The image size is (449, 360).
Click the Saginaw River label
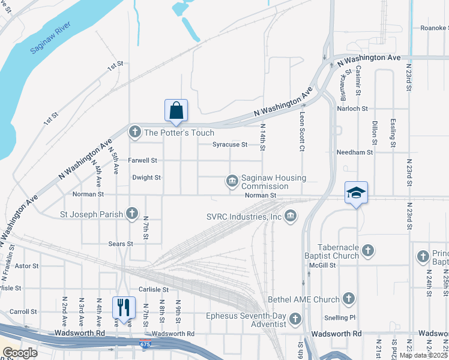(50, 39)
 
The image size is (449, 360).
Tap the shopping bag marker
(176, 111)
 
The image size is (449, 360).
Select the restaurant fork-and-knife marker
(124, 308)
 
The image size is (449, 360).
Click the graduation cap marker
(356, 193)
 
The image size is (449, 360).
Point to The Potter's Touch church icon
(134, 132)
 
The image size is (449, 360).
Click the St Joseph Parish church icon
(132, 213)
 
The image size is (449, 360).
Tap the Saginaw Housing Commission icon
(232, 181)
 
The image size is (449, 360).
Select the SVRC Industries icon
(291, 215)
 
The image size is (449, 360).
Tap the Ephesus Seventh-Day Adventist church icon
(295, 319)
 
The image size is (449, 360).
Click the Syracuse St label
(230, 145)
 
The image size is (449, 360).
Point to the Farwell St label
(142, 160)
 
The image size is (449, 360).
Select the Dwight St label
(146, 178)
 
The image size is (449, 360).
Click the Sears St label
(121, 244)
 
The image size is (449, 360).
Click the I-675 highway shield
(145, 344)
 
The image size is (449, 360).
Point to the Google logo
(19, 353)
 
